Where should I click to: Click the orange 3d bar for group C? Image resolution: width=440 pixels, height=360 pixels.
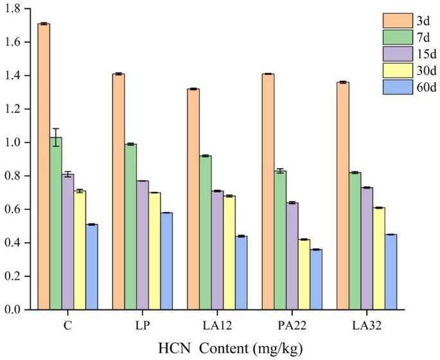[x=44, y=167]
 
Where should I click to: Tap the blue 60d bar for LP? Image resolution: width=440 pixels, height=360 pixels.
[x=166, y=261]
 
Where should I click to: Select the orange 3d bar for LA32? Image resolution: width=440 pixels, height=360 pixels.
[x=343, y=196]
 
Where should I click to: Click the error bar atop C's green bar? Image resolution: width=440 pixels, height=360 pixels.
[x=56, y=137]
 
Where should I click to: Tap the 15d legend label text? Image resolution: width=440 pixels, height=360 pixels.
[x=427, y=53]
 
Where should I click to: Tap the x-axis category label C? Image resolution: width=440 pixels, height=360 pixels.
[x=67, y=325]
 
